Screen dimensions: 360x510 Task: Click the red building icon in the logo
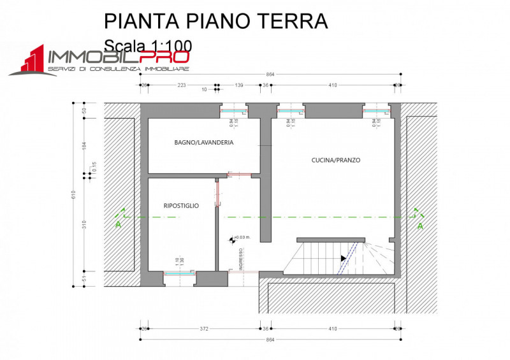(29, 61)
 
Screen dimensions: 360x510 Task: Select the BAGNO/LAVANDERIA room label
(203, 143)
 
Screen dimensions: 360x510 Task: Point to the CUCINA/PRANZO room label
(337, 161)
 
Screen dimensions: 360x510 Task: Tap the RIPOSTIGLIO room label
(181, 206)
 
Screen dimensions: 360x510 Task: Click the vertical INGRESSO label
(241, 259)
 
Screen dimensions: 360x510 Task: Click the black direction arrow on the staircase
(344, 258)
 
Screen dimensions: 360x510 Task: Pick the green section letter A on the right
(419, 226)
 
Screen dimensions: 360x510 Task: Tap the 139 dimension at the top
(240, 85)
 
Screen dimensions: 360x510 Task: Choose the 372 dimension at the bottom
(203, 329)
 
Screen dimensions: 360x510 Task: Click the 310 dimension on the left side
(84, 224)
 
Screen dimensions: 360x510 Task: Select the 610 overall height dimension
(74, 194)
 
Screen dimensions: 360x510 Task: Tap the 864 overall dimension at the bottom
(270, 340)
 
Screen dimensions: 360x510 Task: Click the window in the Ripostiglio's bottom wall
(178, 273)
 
